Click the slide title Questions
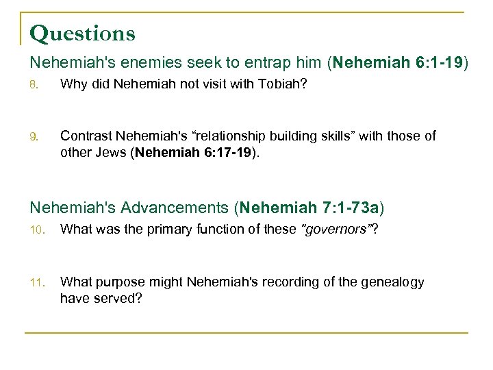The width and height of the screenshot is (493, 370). coord(83,33)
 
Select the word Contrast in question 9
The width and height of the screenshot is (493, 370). coord(86,136)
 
